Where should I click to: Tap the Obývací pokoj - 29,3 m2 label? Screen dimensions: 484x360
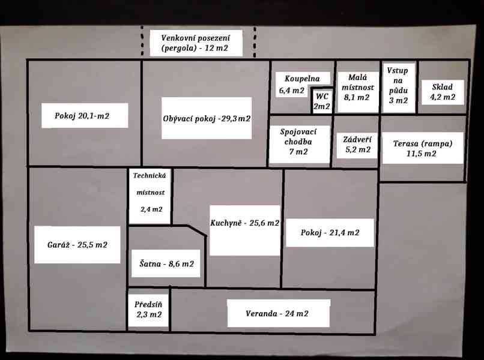(x=207, y=119)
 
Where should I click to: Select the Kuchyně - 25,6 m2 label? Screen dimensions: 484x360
(x=244, y=223)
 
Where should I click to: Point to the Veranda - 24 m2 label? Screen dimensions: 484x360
(x=277, y=314)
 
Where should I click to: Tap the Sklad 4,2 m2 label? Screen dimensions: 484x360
(x=443, y=92)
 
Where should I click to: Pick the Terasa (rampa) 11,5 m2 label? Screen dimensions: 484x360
(x=422, y=149)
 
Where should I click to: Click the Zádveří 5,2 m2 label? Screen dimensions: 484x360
(x=357, y=145)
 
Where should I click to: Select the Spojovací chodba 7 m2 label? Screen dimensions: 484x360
(x=298, y=142)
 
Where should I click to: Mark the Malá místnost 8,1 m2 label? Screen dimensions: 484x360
(x=357, y=87)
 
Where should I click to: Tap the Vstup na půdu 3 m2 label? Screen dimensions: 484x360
(x=398, y=86)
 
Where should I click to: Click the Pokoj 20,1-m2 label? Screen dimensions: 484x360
(x=84, y=115)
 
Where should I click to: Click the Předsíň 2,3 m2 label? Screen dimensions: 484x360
(x=148, y=309)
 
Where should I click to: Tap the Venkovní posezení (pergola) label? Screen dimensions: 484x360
(x=196, y=43)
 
